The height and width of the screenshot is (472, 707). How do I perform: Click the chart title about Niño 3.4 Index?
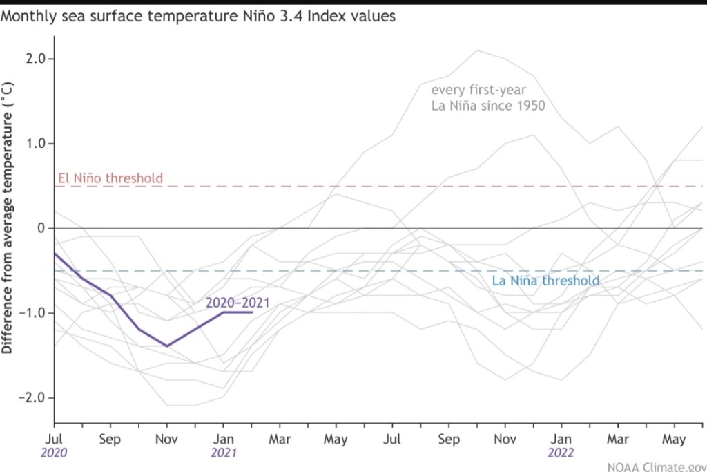pyautogui.click(x=198, y=16)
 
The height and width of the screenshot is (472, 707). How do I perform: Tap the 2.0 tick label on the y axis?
pyautogui.click(x=34, y=59)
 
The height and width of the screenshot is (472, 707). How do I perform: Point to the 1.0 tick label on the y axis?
pyautogui.click(x=34, y=144)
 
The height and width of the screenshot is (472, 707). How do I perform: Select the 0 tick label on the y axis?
pyautogui.click(x=41, y=228)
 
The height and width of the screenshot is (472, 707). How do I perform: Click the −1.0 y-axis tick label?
pyautogui.click(x=32, y=313)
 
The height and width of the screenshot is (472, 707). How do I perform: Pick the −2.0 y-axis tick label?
pyautogui.click(x=32, y=398)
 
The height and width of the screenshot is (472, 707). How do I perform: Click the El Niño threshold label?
pyautogui.click(x=109, y=178)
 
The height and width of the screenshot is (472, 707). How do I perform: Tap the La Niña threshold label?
pyautogui.click(x=545, y=281)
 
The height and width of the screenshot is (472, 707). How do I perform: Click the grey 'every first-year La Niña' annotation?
pyautogui.click(x=488, y=97)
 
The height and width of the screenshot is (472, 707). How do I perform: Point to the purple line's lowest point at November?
pyautogui.click(x=166, y=346)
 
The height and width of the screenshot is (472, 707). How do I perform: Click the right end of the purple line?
pyautogui.click(x=252, y=312)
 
